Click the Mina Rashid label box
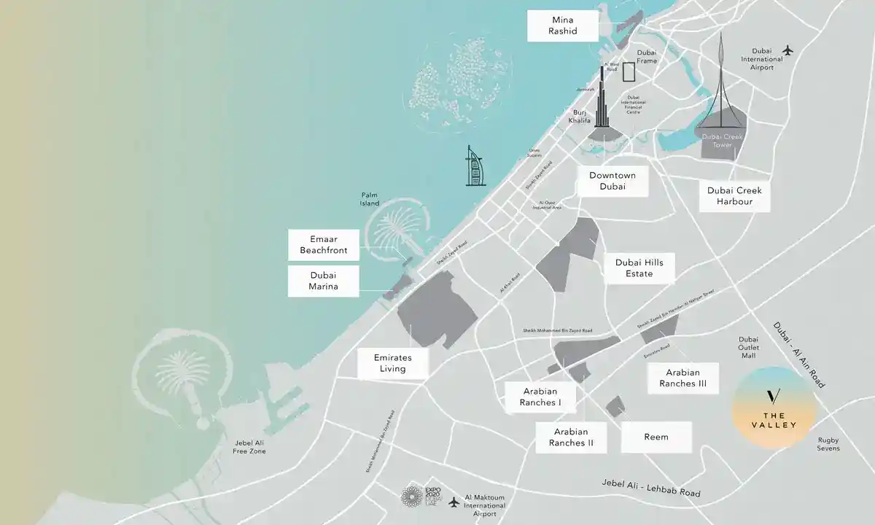(x=564, y=26)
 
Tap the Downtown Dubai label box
(x=612, y=182)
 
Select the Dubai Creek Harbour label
(x=734, y=195)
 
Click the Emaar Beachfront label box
(x=324, y=245)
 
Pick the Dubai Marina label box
(x=324, y=281)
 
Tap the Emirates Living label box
(x=392, y=363)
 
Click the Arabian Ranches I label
(x=540, y=397)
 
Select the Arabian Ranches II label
(x=571, y=437)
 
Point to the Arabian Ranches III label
(x=682, y=378)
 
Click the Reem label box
(x=656, y=437)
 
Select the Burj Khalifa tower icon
(x=603, y=102)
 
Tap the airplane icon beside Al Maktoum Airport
(x=454, y=502)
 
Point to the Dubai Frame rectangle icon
(x=629, y=71)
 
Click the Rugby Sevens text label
(x=828, y=443)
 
